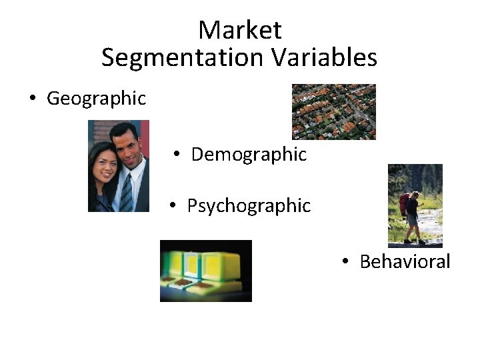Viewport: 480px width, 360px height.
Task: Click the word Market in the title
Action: tap(240, 30)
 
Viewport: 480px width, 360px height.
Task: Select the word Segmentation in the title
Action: tap(183, 58)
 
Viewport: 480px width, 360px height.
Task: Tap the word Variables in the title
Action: tap(324, 58)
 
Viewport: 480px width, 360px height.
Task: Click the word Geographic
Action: tap(96, 99)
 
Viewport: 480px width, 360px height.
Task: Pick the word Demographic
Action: tap(249, 155)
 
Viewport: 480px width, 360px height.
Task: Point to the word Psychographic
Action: tap(249, 205)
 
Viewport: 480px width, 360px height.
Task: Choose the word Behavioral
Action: tap(405, 261)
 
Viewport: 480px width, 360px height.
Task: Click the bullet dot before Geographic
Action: tap(31, 99)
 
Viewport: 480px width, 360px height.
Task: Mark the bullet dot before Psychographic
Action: tap(172, 206)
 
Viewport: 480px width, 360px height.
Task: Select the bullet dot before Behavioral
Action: tap(345, 262)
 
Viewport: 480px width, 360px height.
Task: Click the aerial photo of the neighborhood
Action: tap(334, 111)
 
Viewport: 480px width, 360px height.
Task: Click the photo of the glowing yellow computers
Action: tap(206, 271)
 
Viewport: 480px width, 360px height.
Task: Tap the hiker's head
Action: tap(415, 195)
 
